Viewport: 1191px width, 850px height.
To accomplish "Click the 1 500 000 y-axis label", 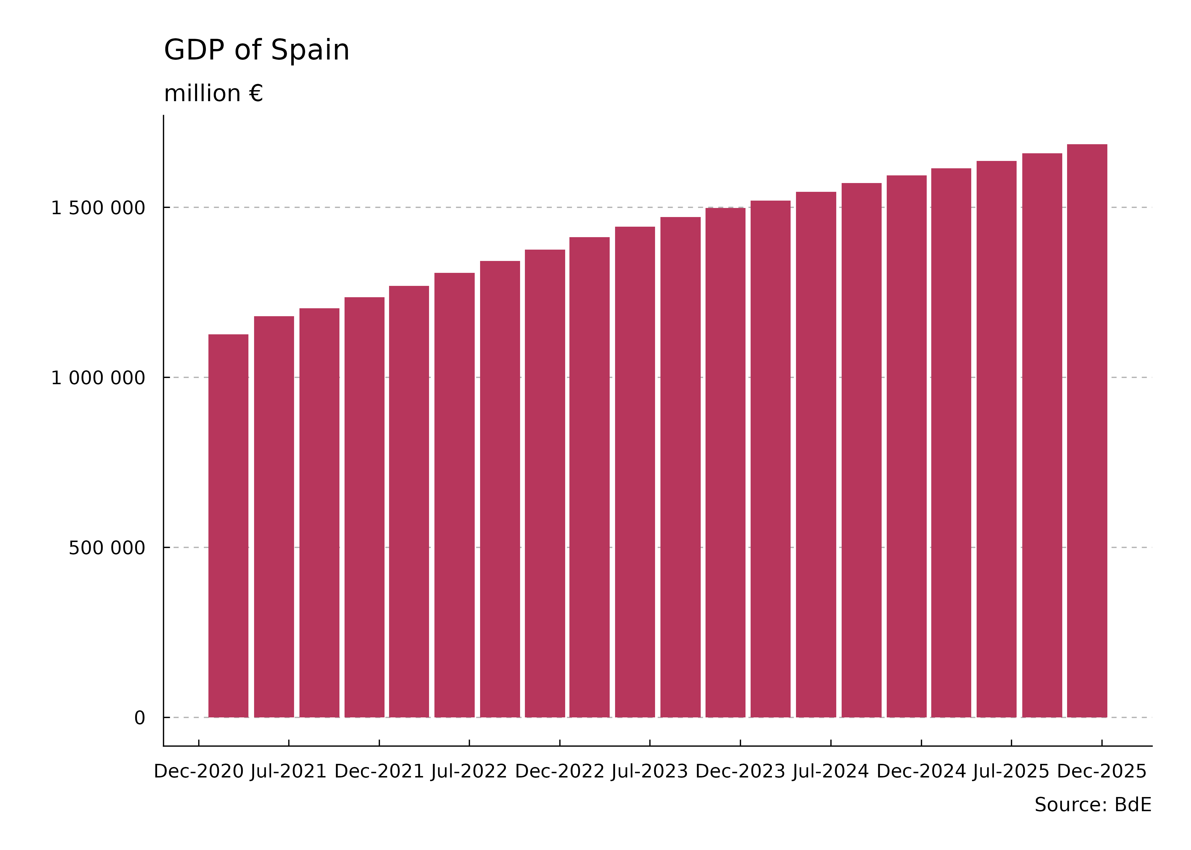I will point(98,208).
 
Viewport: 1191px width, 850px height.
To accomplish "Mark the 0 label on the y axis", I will point(139,718).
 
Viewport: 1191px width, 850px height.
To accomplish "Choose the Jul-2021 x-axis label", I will point(289,772).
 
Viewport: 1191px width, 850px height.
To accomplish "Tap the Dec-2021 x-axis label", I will point(379,772).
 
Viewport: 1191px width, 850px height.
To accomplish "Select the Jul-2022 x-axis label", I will point(469,772).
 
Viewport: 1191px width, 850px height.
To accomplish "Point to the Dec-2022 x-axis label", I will point(560,772).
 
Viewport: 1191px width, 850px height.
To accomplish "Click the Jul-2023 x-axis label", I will point(650,772).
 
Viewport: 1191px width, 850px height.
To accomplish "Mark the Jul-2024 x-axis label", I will point(831,772).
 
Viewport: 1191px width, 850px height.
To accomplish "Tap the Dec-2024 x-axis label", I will point(921,772).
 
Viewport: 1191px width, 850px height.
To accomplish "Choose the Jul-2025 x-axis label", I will point(1011,772).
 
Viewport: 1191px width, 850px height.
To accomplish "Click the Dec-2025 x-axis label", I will point(1102,772).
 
